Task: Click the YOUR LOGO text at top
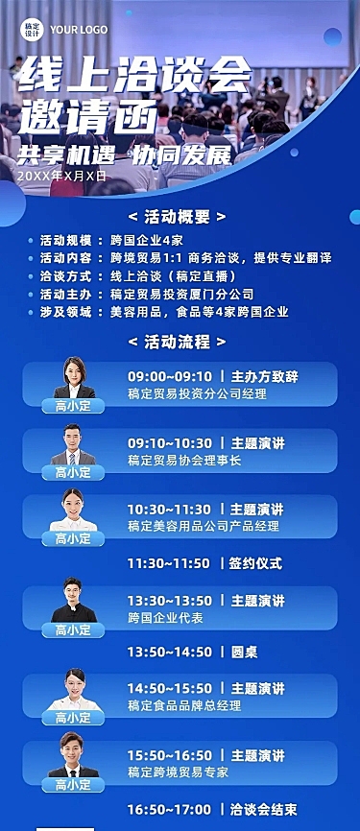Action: pyautogui.click(x=80, y=29)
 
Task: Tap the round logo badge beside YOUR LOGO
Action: pyautogui.click(x=33, y=29)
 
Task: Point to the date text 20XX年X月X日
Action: pyautogui.click(x=61, y=177)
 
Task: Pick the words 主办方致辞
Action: pyautogui.click(x=257, y=376)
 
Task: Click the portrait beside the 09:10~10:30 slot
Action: pyautogui.click(x=73, y=446)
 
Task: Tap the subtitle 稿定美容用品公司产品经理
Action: pyautogui.click(x=204, y=526)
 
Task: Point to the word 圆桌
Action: pyautogui.click(x=244, y=652)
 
